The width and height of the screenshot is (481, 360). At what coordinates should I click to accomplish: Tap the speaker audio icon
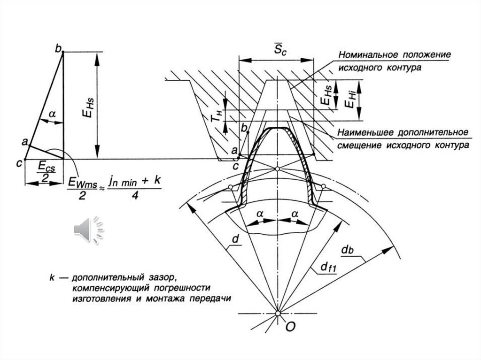coord(88,230)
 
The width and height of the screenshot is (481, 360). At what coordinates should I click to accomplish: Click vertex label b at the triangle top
coord(58,48)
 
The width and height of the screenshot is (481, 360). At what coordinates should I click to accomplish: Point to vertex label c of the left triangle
coord(19,163)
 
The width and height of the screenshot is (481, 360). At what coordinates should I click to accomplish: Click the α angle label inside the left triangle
coord(52,113)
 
